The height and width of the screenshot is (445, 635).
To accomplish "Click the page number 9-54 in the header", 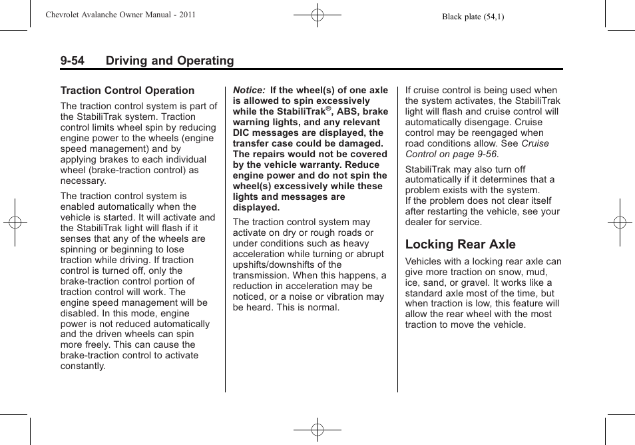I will [x=73, y=61].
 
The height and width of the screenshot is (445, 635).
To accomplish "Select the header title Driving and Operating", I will [x=169, y=61].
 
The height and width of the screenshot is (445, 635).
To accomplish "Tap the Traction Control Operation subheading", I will [x=127, y=91].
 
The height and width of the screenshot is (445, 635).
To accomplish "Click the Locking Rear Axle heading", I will [x=460, y=244].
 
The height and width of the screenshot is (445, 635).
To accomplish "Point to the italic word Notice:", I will [x=249, y=91].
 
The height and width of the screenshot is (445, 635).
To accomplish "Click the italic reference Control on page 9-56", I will [x=451, y=154].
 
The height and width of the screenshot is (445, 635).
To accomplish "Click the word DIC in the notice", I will [x=242, y=133].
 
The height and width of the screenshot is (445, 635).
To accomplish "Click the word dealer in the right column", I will [x=420, y=222].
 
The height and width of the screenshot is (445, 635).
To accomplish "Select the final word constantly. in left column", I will [x=83, y=366].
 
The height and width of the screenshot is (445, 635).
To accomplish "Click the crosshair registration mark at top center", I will [x=317, y=15].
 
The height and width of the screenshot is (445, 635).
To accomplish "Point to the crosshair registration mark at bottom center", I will [x=317, y=430].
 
